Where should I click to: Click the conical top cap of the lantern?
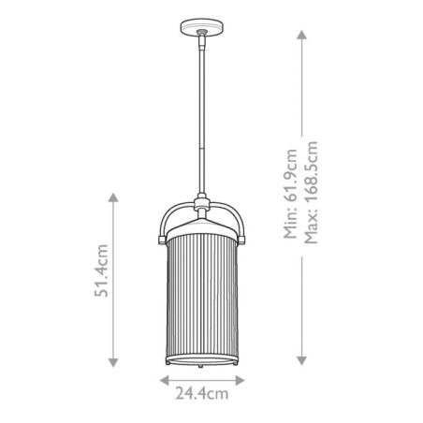pyautogui.click(x=201, y=221)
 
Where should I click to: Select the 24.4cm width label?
pyautogui.click(x=202, y=395)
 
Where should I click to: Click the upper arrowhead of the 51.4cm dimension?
pyautogui.click(x=113, y=197)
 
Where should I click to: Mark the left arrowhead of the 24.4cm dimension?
pyautogui.click(x=162, y=380)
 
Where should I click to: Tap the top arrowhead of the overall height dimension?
pyautogui.click(x=301, y=34)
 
